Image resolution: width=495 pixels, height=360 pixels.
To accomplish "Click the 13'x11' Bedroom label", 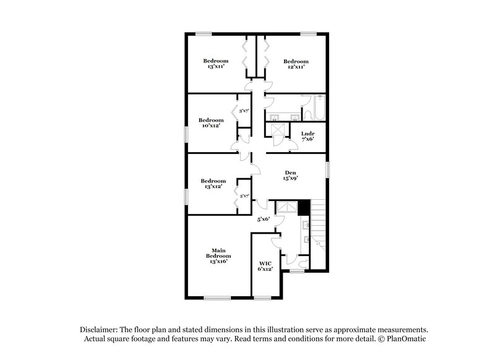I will [216, 64].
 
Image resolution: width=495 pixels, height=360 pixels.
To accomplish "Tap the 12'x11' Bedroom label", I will [296, 64].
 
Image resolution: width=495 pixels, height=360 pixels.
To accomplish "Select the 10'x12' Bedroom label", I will [211, 122].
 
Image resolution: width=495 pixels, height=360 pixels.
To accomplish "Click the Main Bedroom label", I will [218, 256].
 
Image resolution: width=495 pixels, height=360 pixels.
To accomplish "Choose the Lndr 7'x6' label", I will [308, 136].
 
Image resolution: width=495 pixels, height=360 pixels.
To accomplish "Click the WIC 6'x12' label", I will [265, 267].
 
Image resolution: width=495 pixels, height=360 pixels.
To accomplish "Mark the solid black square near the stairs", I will [303, 208].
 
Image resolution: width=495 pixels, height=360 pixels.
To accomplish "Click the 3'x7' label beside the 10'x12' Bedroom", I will [244, 111].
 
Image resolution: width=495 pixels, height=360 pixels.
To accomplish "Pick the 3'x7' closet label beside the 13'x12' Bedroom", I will [244, 195].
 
